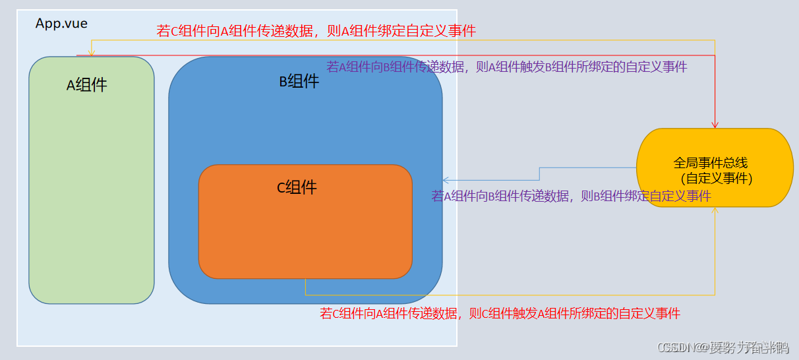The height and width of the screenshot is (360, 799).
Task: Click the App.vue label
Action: (61, 24)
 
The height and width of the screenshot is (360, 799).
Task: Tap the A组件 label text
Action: (87, 85)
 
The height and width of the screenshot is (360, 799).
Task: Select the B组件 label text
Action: (299, 82)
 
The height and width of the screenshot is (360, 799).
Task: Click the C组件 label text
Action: (297, 187)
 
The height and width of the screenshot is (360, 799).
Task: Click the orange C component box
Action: (305, 237)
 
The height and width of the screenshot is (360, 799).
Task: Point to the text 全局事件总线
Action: (711, 162)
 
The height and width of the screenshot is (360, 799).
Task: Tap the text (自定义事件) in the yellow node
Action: (717, 178)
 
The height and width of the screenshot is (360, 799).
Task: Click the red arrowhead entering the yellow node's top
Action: (715, 125)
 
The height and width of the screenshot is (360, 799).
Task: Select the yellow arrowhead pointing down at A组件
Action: (92, 53)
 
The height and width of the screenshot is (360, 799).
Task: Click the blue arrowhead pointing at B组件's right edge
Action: (446, 180)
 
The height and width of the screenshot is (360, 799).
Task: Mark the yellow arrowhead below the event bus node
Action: (715, 210)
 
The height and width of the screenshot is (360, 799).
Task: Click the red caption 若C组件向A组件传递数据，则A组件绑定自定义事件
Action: (316, 31)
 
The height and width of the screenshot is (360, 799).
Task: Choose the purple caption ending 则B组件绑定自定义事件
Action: (571, 196)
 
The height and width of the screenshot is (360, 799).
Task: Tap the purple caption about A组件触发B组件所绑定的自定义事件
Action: (506, 67)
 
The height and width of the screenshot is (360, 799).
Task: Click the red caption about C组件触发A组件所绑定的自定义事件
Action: (500, 314)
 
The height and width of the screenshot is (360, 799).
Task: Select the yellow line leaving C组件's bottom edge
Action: (305, 287)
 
